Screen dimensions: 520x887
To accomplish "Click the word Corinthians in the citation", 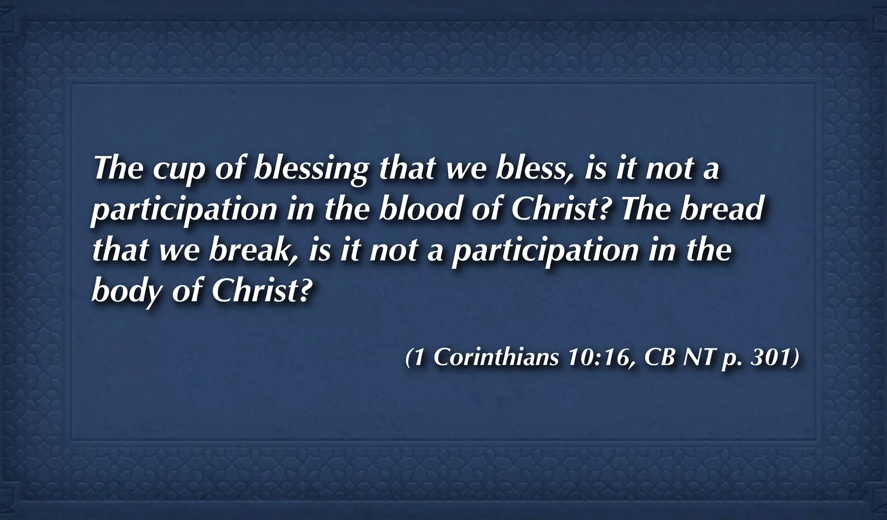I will (x=495, y=357).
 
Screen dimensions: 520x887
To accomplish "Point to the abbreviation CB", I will (x=660, y=357).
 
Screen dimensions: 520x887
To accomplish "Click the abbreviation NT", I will (x=698, y=357).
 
